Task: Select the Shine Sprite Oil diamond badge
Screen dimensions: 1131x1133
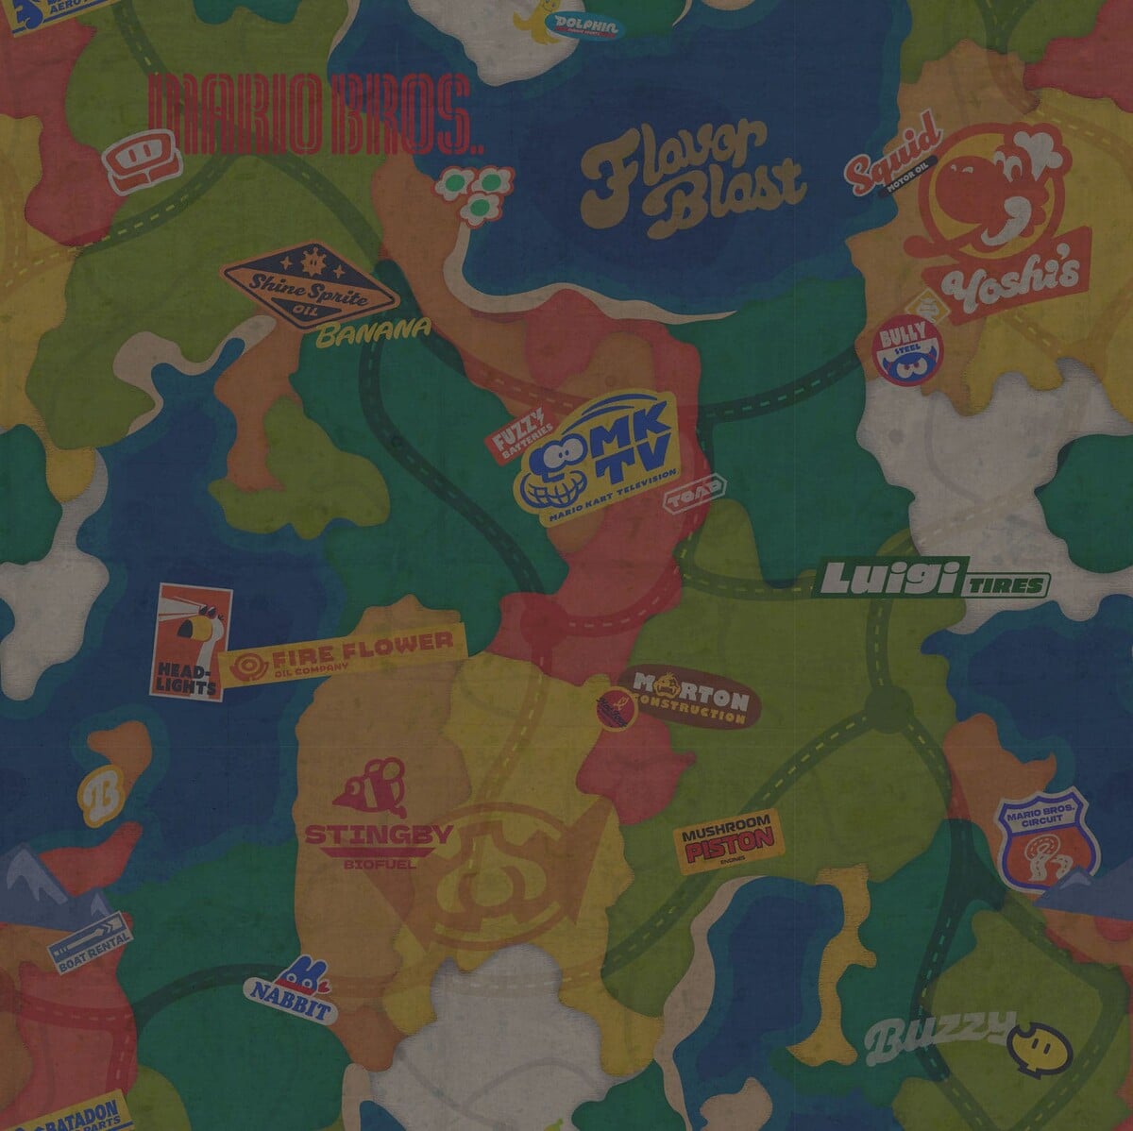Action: click(x=310, y=279)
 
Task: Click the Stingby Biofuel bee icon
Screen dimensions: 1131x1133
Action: click(x=372, y=783)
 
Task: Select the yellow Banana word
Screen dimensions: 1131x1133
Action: click(x=373, y=332)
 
